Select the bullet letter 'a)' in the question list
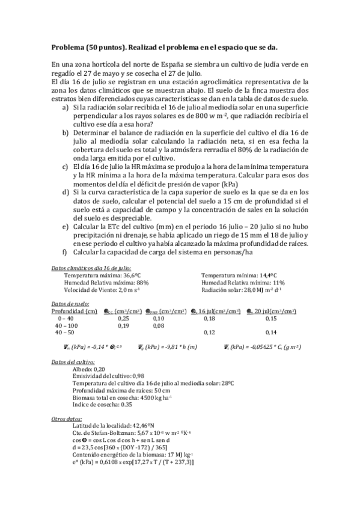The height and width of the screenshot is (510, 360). coord(66,107)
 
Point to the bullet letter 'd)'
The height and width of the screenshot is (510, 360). coord(66,192)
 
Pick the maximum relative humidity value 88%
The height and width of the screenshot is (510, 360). coord(142,282)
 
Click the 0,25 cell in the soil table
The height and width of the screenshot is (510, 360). coord(123,319)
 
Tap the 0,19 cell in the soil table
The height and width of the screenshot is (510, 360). coord(123,325)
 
